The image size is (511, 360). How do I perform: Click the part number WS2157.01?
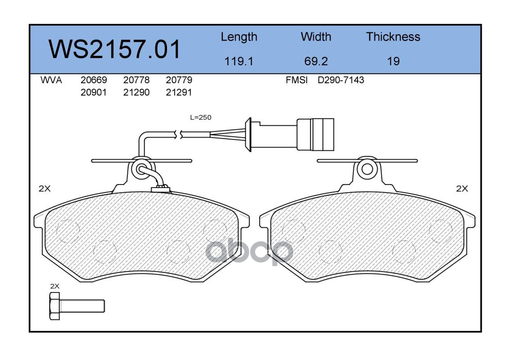pyautogui.click(x=114, y=49)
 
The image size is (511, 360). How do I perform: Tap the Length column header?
pyautogui.click(x=239, y=37)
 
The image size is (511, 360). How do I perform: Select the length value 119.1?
pyautogui.click(x=239, y=61)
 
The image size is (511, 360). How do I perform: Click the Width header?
pyautogui.click(x=316, y=36)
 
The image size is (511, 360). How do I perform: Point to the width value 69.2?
pyautogui.click(x=316, y=61)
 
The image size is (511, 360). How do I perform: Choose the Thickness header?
pyautogui.click(x=393, y=36)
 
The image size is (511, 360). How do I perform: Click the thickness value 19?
pyautogui.click(x=393, y=61)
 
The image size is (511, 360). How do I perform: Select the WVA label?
pyautogui.click(x=51, y=80)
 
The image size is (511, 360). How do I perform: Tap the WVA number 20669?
pyautogui.click(x=94, y=80)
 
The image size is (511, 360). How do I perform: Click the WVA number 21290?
pyautogui.click(x=136, y=92)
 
